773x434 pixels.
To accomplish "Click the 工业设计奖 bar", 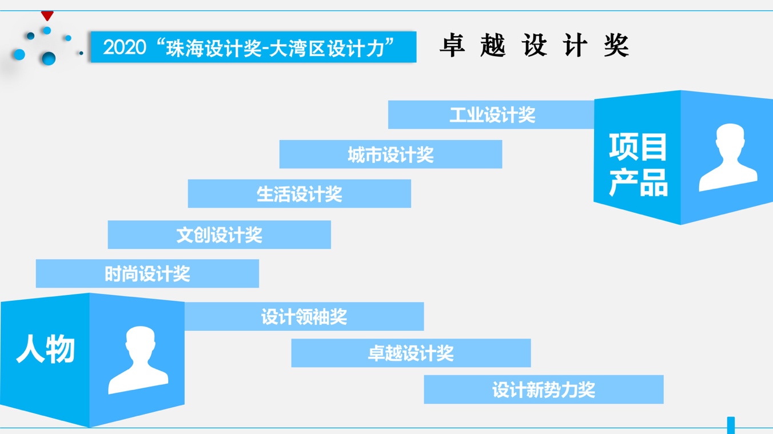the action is pos(491,114).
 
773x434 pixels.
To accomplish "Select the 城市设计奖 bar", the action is pos(391,154).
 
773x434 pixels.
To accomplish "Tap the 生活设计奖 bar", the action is pos(299,193).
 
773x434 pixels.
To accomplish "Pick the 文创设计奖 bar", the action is pos(219,234).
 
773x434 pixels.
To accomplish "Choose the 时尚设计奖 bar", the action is pos(148,273).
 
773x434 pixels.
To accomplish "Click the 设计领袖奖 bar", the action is pos(304,316).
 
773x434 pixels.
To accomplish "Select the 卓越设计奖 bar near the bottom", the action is pos(411,353).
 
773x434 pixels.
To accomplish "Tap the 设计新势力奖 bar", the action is pos(544,389).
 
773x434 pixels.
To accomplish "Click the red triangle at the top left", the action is pos(47,15).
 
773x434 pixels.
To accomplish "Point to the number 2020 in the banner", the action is pos(125,47).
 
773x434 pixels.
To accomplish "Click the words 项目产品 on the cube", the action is pos(638,165).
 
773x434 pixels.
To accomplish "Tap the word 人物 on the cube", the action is pos(45,349).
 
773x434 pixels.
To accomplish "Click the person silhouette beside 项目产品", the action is pos(728,157).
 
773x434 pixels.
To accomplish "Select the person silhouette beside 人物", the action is pos(138,360).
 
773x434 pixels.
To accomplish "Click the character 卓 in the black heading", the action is pos(452,45).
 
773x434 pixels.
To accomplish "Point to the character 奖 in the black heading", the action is pos(616,45).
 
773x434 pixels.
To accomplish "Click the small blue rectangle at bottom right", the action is pos(731,425).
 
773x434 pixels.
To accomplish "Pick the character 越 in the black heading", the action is pos(493,45).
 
